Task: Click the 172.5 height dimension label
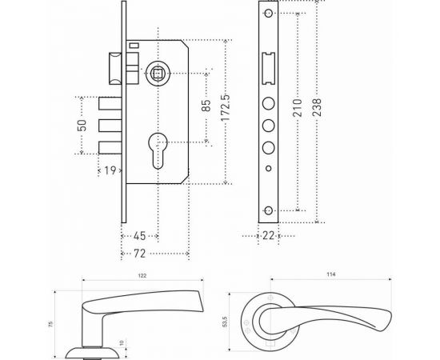point(226,108)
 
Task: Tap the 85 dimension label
point(206,106)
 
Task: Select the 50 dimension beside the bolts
point(82,126)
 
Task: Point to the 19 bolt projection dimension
point(110,170)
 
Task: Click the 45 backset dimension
point(139,236)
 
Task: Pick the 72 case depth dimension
point(139,254)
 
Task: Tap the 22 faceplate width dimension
point(268,235)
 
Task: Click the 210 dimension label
point(297,108)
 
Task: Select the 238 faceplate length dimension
point(317,107)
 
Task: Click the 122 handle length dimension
point(142,275)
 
